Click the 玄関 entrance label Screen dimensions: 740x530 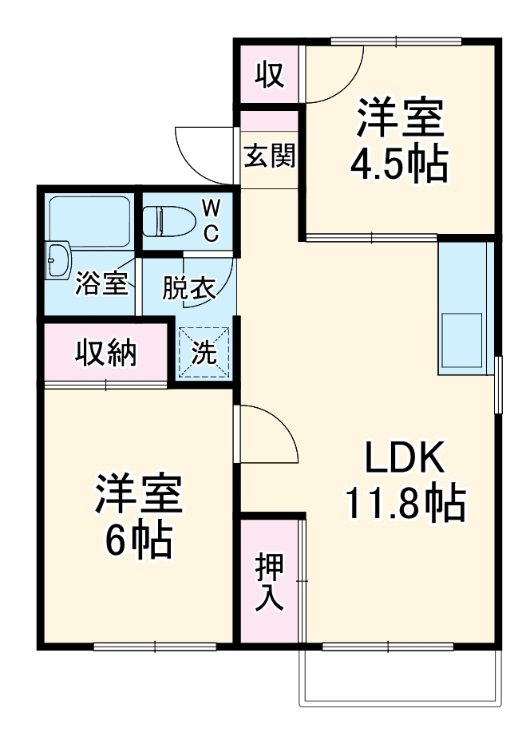click(269, 156)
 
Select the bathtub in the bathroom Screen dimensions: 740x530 click(89, 220)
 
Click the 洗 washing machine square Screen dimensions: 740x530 click(204, 352)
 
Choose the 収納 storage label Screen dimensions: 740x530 click(105, 352)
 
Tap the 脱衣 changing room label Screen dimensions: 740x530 click(189, 287)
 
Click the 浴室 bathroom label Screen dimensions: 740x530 click(101, 285)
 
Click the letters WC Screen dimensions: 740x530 click(211, 220)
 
